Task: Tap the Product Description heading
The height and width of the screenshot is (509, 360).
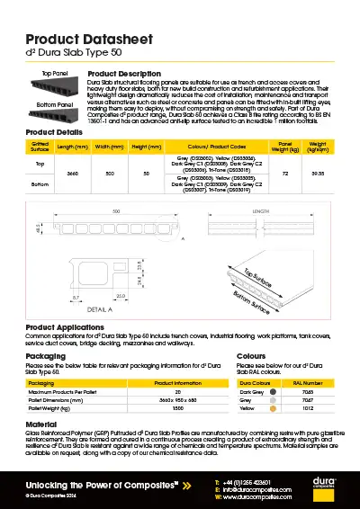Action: pos(124,73)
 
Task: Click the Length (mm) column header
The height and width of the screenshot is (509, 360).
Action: pos(72,146)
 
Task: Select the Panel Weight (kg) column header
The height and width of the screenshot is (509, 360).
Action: pos(285,146)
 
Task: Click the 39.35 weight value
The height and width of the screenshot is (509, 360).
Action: pos(317,172)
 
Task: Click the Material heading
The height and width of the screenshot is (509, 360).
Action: pos(41,423)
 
